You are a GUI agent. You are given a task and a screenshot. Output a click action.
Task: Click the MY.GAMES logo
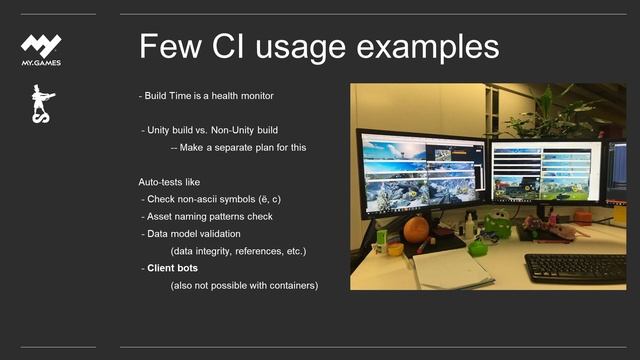41,49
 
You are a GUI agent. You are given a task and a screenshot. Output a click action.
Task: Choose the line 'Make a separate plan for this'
244,147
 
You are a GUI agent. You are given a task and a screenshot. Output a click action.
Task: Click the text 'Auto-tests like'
171,183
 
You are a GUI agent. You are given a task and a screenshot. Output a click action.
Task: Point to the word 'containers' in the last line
291,285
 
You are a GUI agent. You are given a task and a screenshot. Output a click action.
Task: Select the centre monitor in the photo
546,172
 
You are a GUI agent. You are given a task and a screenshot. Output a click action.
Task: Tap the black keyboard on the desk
575,267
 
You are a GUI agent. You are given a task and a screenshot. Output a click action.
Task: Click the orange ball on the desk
416,228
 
